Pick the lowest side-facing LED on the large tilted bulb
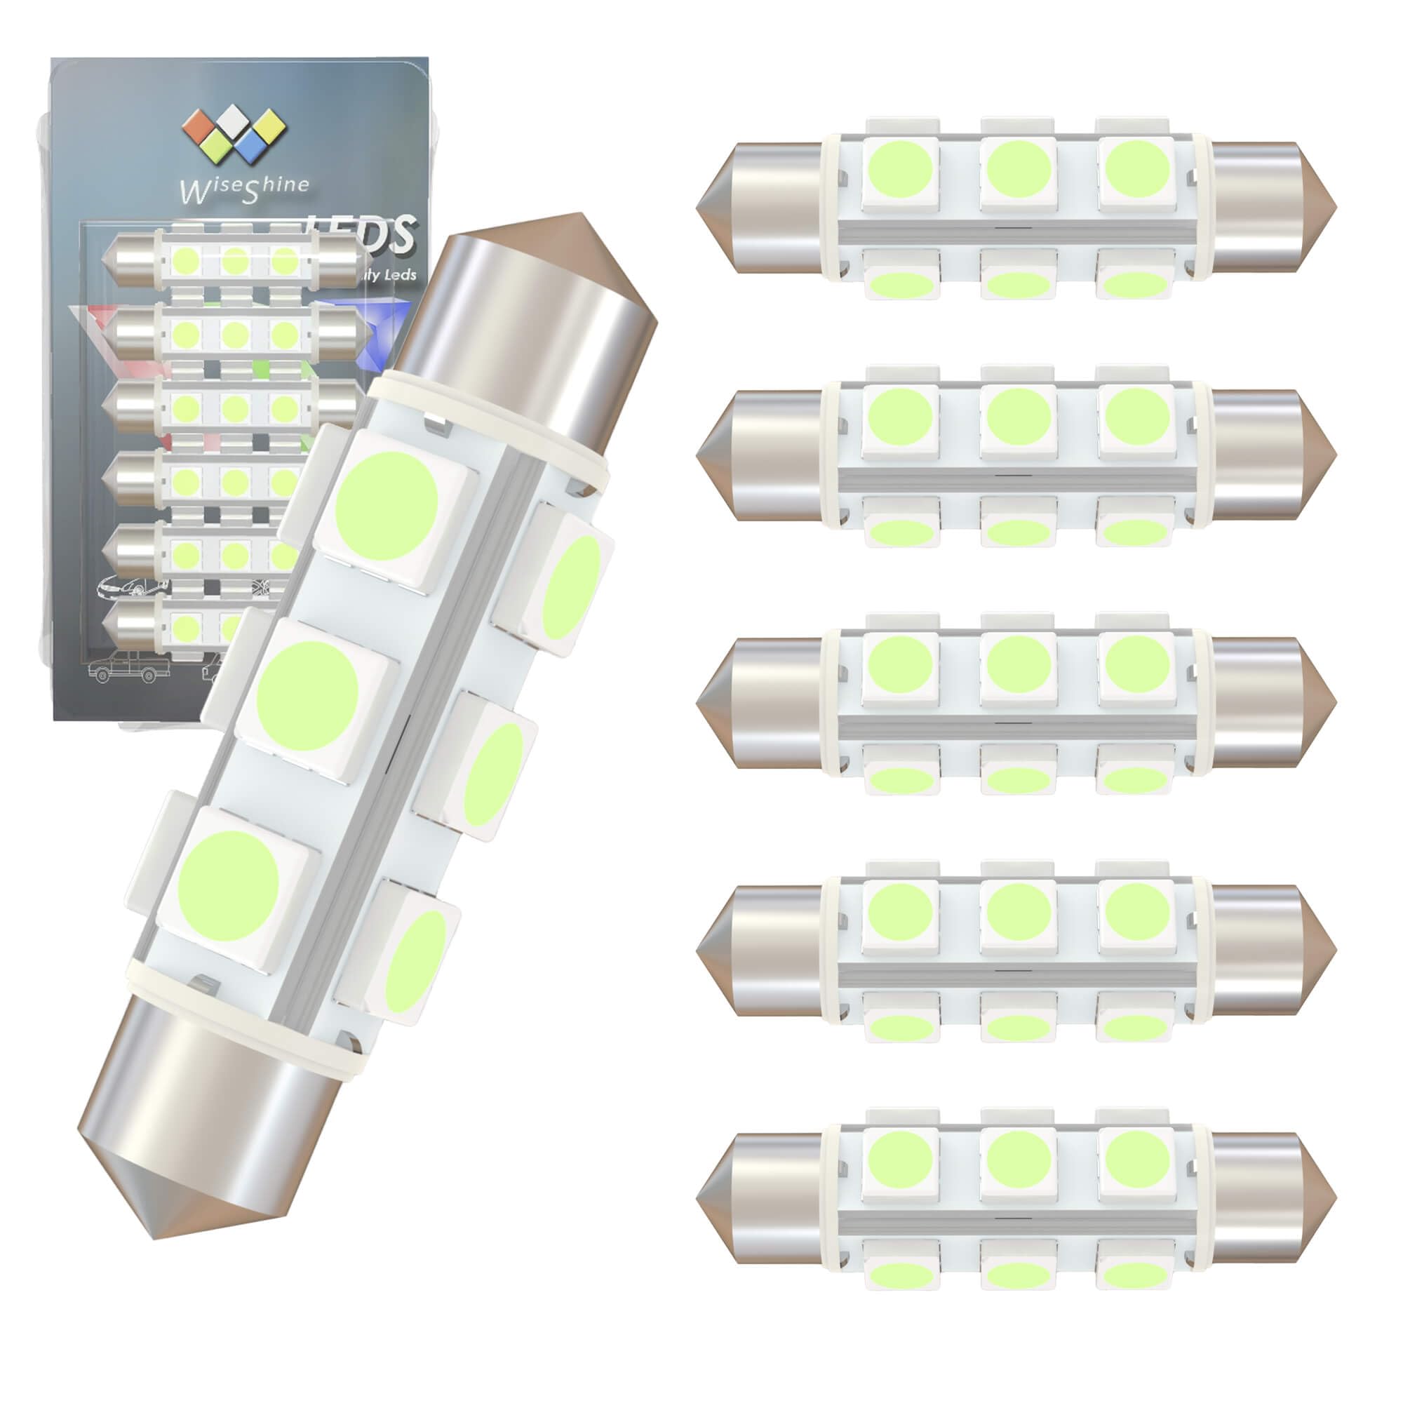click(416, 962)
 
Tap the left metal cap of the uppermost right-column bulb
click(763, 208)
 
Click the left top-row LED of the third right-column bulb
click(901, 666)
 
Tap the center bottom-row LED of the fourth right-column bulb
click(1018, 1026)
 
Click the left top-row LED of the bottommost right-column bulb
click(901, 1160)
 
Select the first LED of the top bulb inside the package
click(186, 260)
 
